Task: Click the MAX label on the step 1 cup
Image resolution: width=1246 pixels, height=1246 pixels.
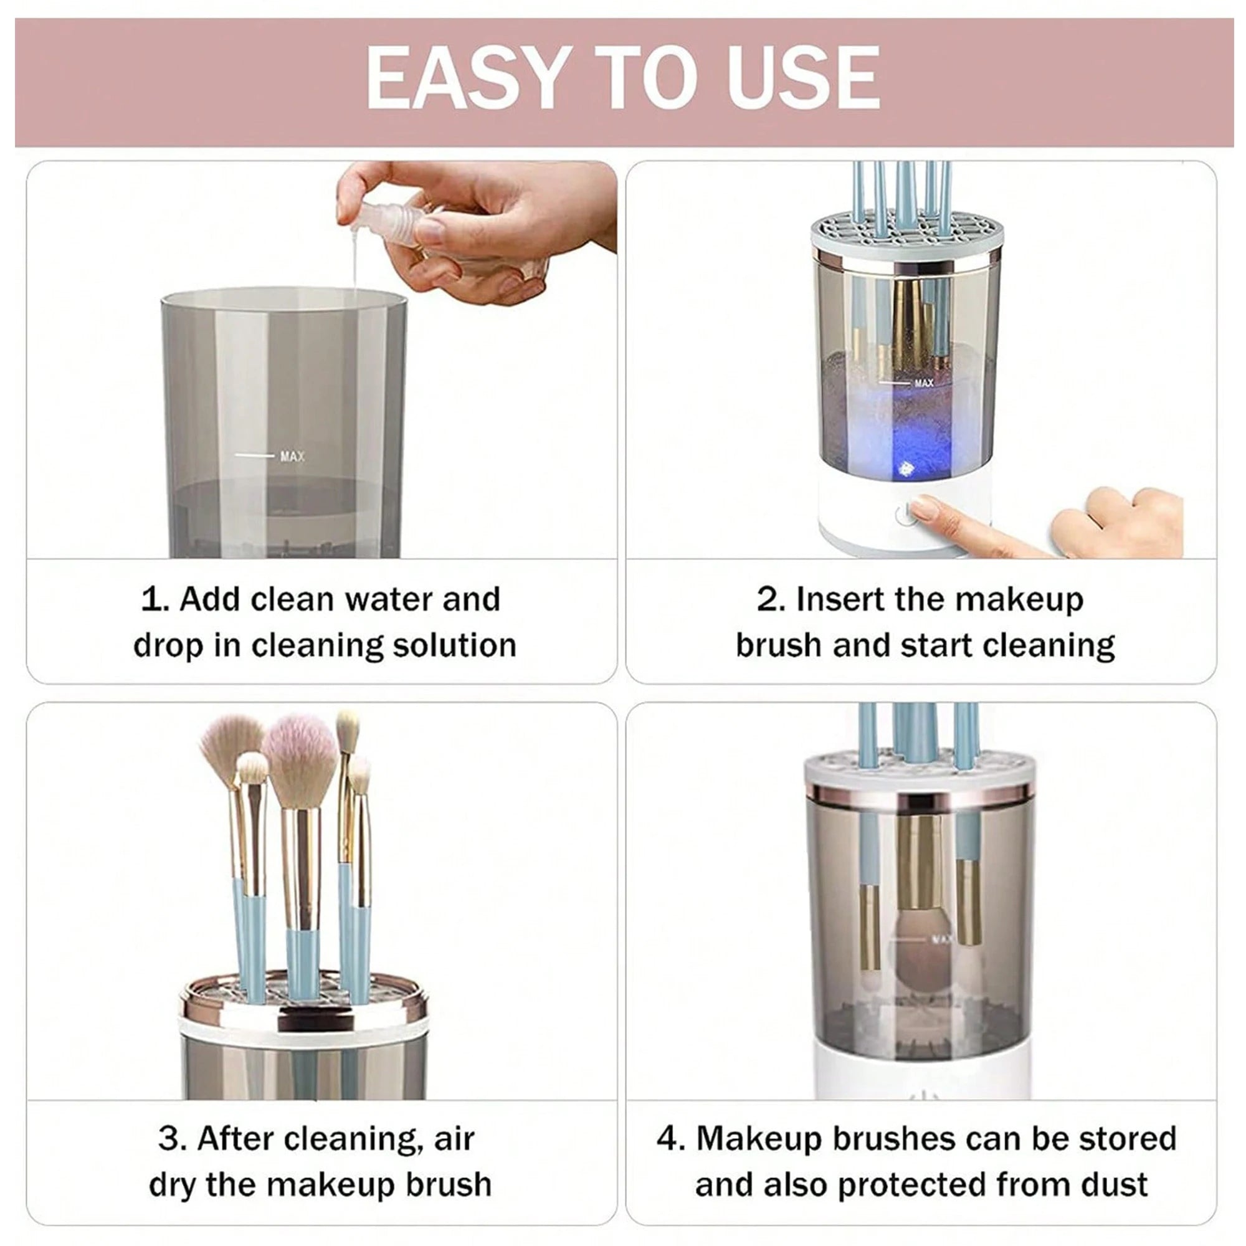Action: (x=292, y=457)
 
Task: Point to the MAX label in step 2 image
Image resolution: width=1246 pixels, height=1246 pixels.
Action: (x=923, y=383)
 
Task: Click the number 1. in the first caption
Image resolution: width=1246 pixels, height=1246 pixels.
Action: (x=155, y=600)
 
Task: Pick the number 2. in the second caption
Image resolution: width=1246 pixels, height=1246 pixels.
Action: (x=771, y=600)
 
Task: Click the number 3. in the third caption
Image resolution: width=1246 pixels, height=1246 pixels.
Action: (x=172, y=1138)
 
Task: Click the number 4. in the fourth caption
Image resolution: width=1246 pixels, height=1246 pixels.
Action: (x=672, y=1138)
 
